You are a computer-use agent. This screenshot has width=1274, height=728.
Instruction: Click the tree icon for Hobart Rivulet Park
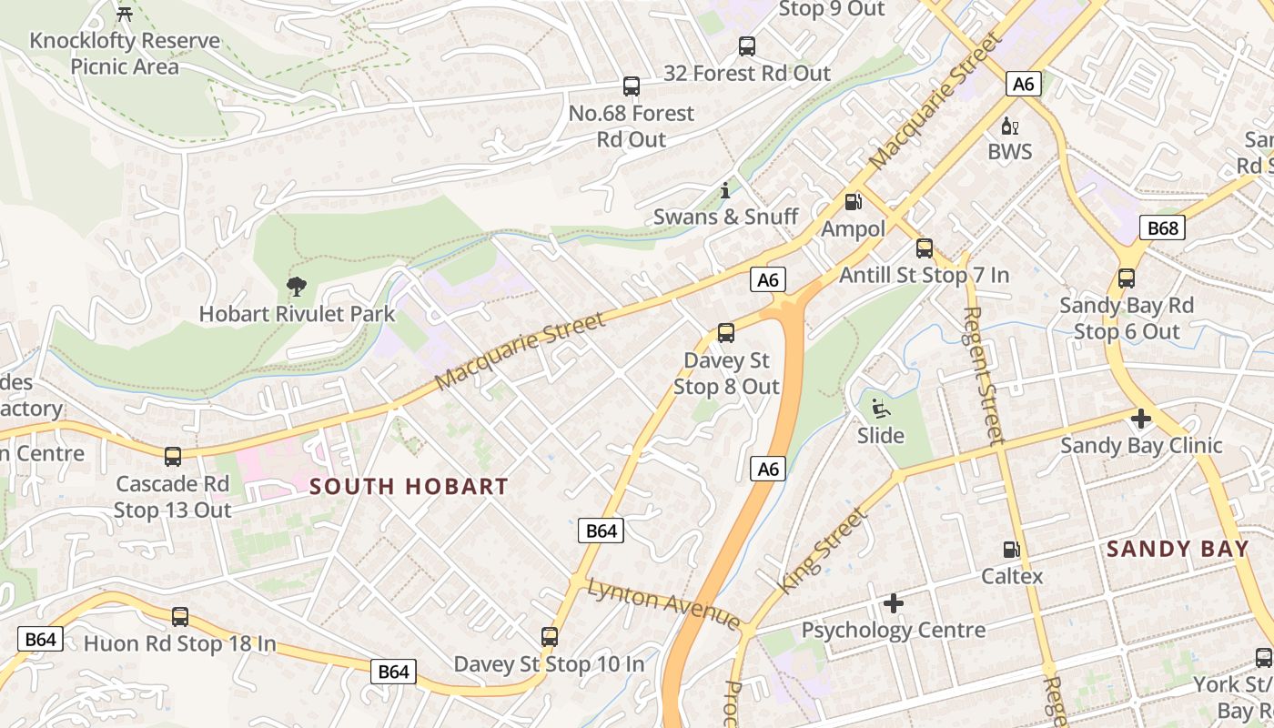(296, 288)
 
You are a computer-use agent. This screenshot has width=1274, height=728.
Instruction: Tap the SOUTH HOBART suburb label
(409, 487)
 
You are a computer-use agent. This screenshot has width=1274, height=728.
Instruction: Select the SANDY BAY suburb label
(1178, 549)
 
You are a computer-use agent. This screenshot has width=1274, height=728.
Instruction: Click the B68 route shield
(1163, 227)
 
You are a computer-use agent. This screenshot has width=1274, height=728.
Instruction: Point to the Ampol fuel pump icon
(853, 202)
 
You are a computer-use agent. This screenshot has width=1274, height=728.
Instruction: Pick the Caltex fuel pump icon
(1011, 550)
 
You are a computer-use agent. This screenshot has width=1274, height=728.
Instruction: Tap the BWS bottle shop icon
(1009, 126)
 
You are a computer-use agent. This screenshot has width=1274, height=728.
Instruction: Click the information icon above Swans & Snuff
(725, 191)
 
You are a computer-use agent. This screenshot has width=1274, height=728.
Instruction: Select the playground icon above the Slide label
(880, 409)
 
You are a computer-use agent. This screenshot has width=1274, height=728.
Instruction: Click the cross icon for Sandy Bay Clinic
(1141, 419)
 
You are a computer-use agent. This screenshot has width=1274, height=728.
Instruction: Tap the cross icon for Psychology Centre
(894, 603)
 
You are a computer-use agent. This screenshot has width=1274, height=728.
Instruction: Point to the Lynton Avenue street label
(663, 603)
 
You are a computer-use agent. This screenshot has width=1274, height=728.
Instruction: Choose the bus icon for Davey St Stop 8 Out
(726, 333)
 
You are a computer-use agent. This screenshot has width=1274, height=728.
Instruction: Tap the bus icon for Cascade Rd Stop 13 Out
(173, 456)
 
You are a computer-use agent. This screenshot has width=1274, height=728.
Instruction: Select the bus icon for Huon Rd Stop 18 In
(180, 617)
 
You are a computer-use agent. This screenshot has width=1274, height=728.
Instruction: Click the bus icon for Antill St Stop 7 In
(925, 248)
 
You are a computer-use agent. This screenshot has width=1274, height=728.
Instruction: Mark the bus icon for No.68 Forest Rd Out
(632, 86)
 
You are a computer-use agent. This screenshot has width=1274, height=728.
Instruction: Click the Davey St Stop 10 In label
(549, 664)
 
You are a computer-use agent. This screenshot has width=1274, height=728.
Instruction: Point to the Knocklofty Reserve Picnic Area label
(125, 54)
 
